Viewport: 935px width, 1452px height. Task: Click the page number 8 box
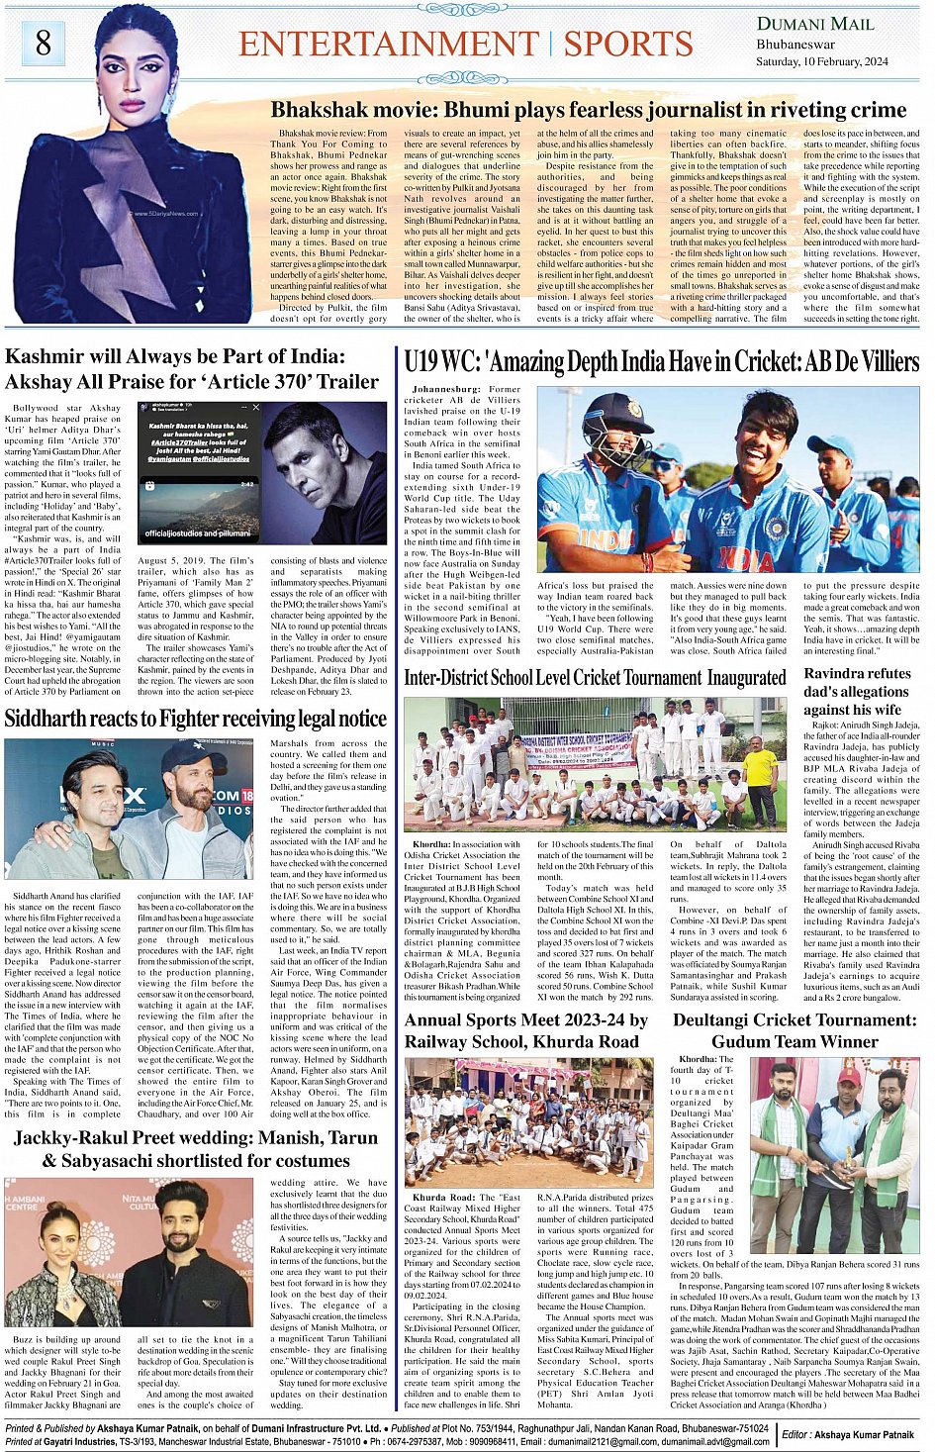pyautogui.click(x=43, y=42)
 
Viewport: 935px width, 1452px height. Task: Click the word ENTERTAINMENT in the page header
pyautogui.click(x=389, y=44)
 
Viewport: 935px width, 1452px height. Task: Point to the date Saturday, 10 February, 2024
pyautogui.click(x=821, y=61)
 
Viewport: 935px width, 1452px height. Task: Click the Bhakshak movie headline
pyautogui.click(x=589, y=110)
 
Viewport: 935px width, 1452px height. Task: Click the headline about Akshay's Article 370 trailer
pyautogui.click(x=192, y=368)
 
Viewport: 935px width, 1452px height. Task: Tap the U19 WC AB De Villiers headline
pyautogui.click(x=661, y=362)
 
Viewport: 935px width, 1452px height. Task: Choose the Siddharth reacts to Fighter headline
pyautogui.click(x=195, y=719)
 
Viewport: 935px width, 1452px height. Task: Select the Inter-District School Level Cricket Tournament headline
pyautogui.click(x=595, y=678)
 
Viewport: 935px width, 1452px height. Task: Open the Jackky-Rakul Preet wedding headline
pyautogui.click(x=195, y=1149)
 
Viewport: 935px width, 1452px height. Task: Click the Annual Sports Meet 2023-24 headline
pyautogui.click(x=525, y=1030)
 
